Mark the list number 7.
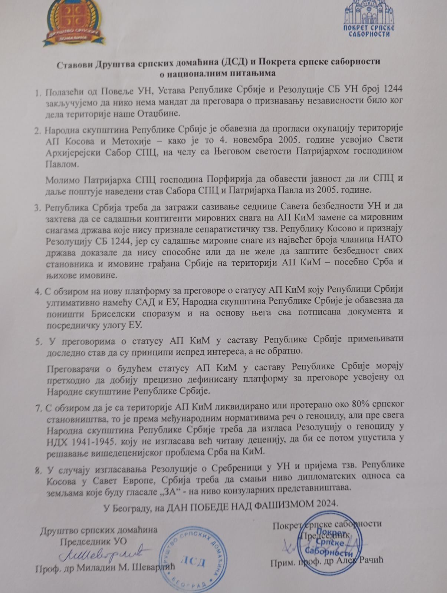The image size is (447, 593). coord(38,408)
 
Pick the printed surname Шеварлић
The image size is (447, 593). coord(152,569)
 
